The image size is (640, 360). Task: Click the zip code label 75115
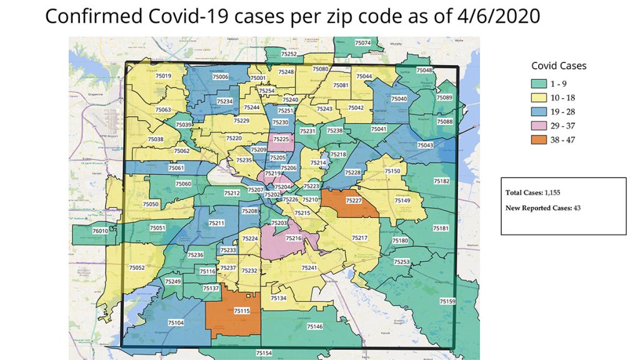[x=241, y=311]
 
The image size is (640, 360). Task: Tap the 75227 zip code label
[x=353, y=201]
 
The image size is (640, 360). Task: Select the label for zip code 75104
[x=176, y=322]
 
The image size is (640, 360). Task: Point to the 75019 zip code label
[x=163, y=76]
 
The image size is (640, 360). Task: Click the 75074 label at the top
[x=362, y=43]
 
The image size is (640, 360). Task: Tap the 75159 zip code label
[x=447, y=301]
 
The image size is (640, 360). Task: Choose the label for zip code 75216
[x=294, y=238]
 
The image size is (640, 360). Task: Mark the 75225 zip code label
[x=281, y=139]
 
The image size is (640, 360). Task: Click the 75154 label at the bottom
[x=264, y=354]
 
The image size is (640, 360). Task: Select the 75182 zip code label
[x=441, y=181]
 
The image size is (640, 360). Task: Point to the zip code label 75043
[x=425, y=146]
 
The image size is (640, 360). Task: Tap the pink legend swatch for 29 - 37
[x=539, y=126]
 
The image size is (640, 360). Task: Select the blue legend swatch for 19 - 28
[x=539, y=112]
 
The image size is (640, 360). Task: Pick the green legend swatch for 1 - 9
[x=539, y=84]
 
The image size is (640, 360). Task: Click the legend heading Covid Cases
[x=559, y=66]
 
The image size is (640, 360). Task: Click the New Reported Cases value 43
[x=577, y=208]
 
